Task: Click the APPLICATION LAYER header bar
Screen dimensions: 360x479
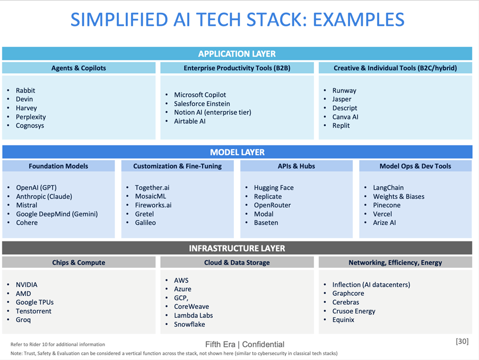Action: [x=237, y=54]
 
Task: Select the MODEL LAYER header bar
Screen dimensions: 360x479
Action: [x=237, y=152]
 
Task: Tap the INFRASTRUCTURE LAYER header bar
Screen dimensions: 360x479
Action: [x=237, y=248]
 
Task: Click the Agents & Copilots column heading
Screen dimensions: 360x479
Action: [x=79, y=68]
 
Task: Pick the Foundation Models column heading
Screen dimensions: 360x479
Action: [x=58, y=166]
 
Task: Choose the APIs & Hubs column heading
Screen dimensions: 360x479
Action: [x=296, y=166]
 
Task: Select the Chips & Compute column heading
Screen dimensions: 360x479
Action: [x=79, y=262]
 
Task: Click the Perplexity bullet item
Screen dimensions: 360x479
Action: [x=31, y=117]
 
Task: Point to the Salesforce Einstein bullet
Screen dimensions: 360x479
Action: [x=202, y=104]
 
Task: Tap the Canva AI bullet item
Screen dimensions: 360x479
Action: [x=345, y=117]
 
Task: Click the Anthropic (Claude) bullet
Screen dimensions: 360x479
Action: [x=44, y=197]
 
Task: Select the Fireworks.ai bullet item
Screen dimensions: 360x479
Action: [x=153, y=205]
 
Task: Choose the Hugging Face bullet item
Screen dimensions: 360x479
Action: [x=274, y=188]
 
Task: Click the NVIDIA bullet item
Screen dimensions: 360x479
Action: [x=27, y=285]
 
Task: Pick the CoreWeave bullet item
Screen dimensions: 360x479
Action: [x=191, y=306]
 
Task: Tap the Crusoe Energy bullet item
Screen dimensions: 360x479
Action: [x=354, y=311]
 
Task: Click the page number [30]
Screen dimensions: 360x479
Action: [x=462, y=341]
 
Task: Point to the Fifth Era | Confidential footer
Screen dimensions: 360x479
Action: [x=245, y=344]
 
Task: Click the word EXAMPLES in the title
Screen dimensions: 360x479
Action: [x=358, y=20]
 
